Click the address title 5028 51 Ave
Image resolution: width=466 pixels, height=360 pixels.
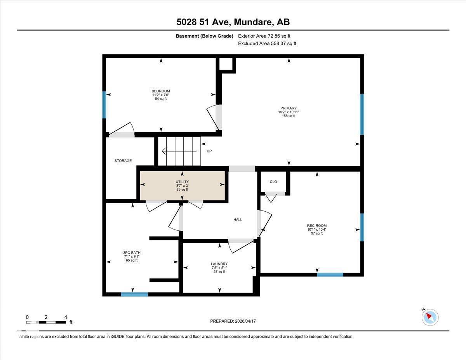click(x=233, y=22)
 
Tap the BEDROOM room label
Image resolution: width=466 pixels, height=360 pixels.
click(x=161, y=91)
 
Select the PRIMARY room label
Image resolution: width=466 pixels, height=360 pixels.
click(x=289, y=108)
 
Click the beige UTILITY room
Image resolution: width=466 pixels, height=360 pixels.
click(x=182, y=186)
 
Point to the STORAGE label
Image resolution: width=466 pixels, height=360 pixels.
click(x=123, y=161)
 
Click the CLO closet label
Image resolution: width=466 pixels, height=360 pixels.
click(x=273, y=182)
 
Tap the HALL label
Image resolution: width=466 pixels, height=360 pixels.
click(x=238, y=220)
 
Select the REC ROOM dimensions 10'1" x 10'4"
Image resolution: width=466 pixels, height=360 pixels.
click(x=316, y=230)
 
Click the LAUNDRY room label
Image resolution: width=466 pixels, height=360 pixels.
click(x=219, y=264)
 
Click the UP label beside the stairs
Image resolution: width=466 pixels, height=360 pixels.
click(x=209, y=151)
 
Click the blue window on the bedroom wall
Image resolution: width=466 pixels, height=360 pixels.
click(x=104, y=104)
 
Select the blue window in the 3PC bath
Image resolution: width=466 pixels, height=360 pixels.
click(x=134, y=294)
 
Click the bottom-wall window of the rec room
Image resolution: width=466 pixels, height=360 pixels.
click(x=330, y=275)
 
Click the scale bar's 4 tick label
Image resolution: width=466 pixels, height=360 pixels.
click(x=66, y=317)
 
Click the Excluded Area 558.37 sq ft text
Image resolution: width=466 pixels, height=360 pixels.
click(x=267, y=43)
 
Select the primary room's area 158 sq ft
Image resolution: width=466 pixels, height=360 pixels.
click(x=289, y=116)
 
